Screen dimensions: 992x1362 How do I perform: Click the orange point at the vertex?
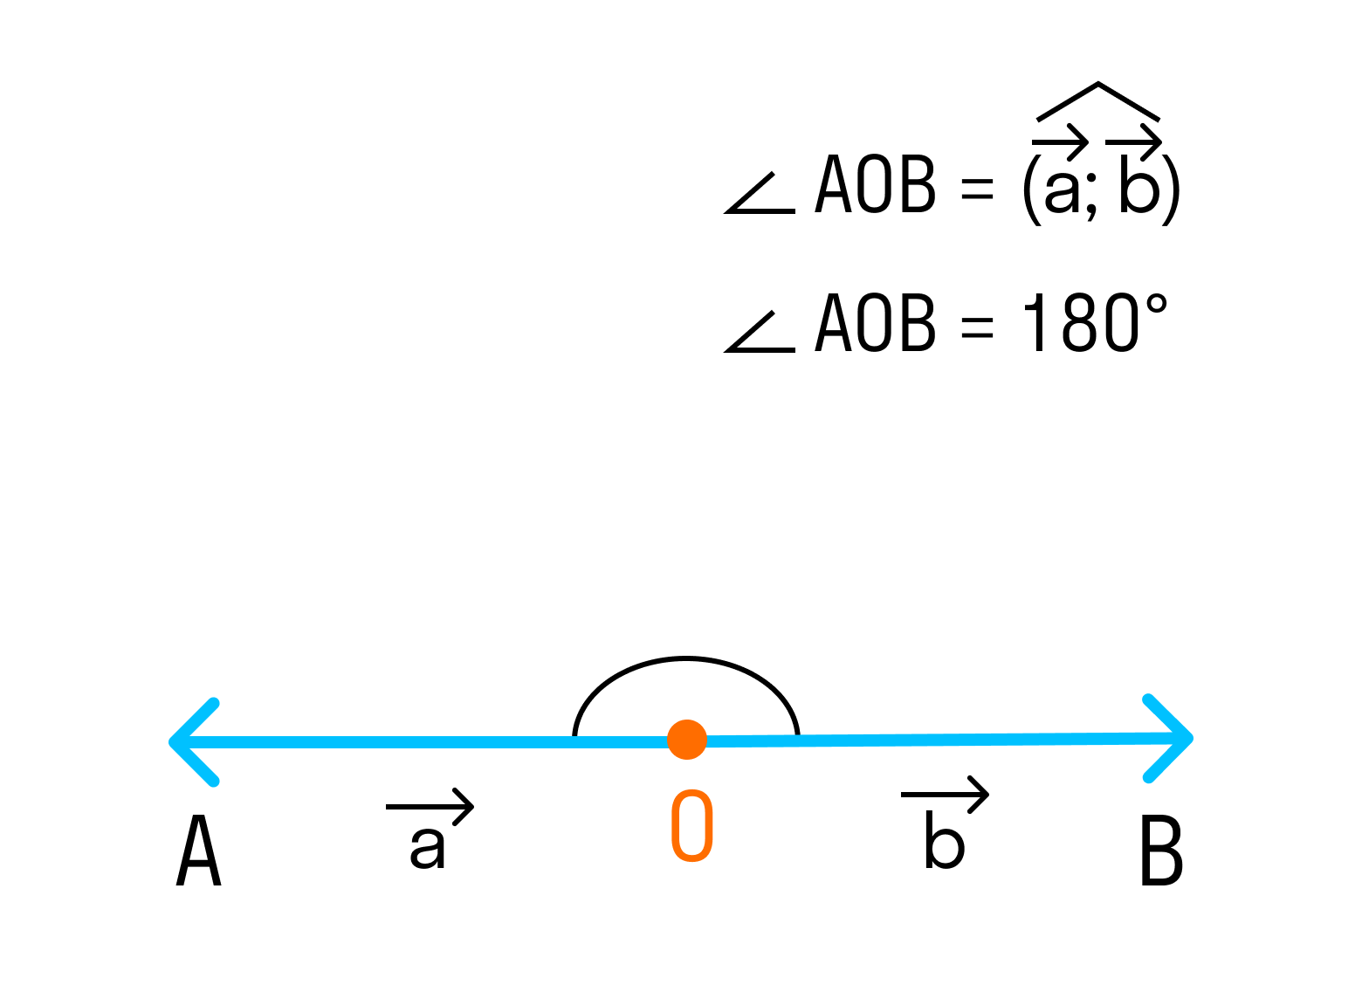[x=686, y=740]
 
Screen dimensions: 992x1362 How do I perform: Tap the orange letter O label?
[x=691, y=826]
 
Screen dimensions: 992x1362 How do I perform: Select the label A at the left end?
[x=199, y=851]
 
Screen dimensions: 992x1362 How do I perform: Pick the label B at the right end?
[x=1161, y=851]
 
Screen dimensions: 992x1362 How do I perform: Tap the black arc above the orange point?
[x=686, y=659]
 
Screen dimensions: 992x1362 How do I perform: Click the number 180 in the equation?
[x=1080, y=323]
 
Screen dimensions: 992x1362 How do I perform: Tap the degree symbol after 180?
[x=1156, y=305]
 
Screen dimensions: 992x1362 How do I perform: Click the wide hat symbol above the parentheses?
[x=1097, y=100]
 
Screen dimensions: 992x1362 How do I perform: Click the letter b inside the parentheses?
[x=1139, y=184]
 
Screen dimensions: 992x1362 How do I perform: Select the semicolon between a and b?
[x=1092, y=197]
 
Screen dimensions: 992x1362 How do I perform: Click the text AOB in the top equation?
[x=876, y=184]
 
